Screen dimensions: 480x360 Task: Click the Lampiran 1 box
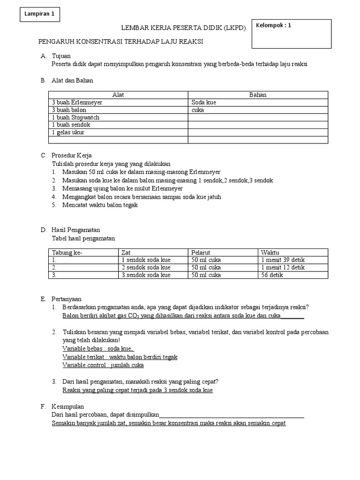pyautogui.click(x=40, y=14)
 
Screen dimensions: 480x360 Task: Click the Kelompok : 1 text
pyautogui.click(x=273, y=26)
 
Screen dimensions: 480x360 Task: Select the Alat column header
pyautogui.click(x=118, y=95)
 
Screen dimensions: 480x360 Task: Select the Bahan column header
pyautogui.click(x=258, y=95)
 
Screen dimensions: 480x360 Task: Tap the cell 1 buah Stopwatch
pyautogui.click(x=76, y=117)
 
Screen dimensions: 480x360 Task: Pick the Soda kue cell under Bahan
pyautogui.click(x=204, y=102)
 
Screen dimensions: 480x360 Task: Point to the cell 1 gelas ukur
pyautogui.click(x=68, y=132)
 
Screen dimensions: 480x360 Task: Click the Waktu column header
pyautogui.click(x=270, y=253)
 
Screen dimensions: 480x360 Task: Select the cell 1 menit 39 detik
pyautogui.click(x=283, y=260)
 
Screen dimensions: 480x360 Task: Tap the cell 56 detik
pyautogui.click(x=272, y=275)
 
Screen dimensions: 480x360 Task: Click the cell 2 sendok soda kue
pyautogui.click(x=146, y=268)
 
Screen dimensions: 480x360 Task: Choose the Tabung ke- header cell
pyautogui.click(x=67, y=253)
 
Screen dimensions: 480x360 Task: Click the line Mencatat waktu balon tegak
pyautogui.click(x=101, y=205)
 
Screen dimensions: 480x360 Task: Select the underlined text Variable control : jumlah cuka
pyautogui.click(x=103, y=365)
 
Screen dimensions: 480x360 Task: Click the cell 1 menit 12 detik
pyautogui.click(x=283, y=268)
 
